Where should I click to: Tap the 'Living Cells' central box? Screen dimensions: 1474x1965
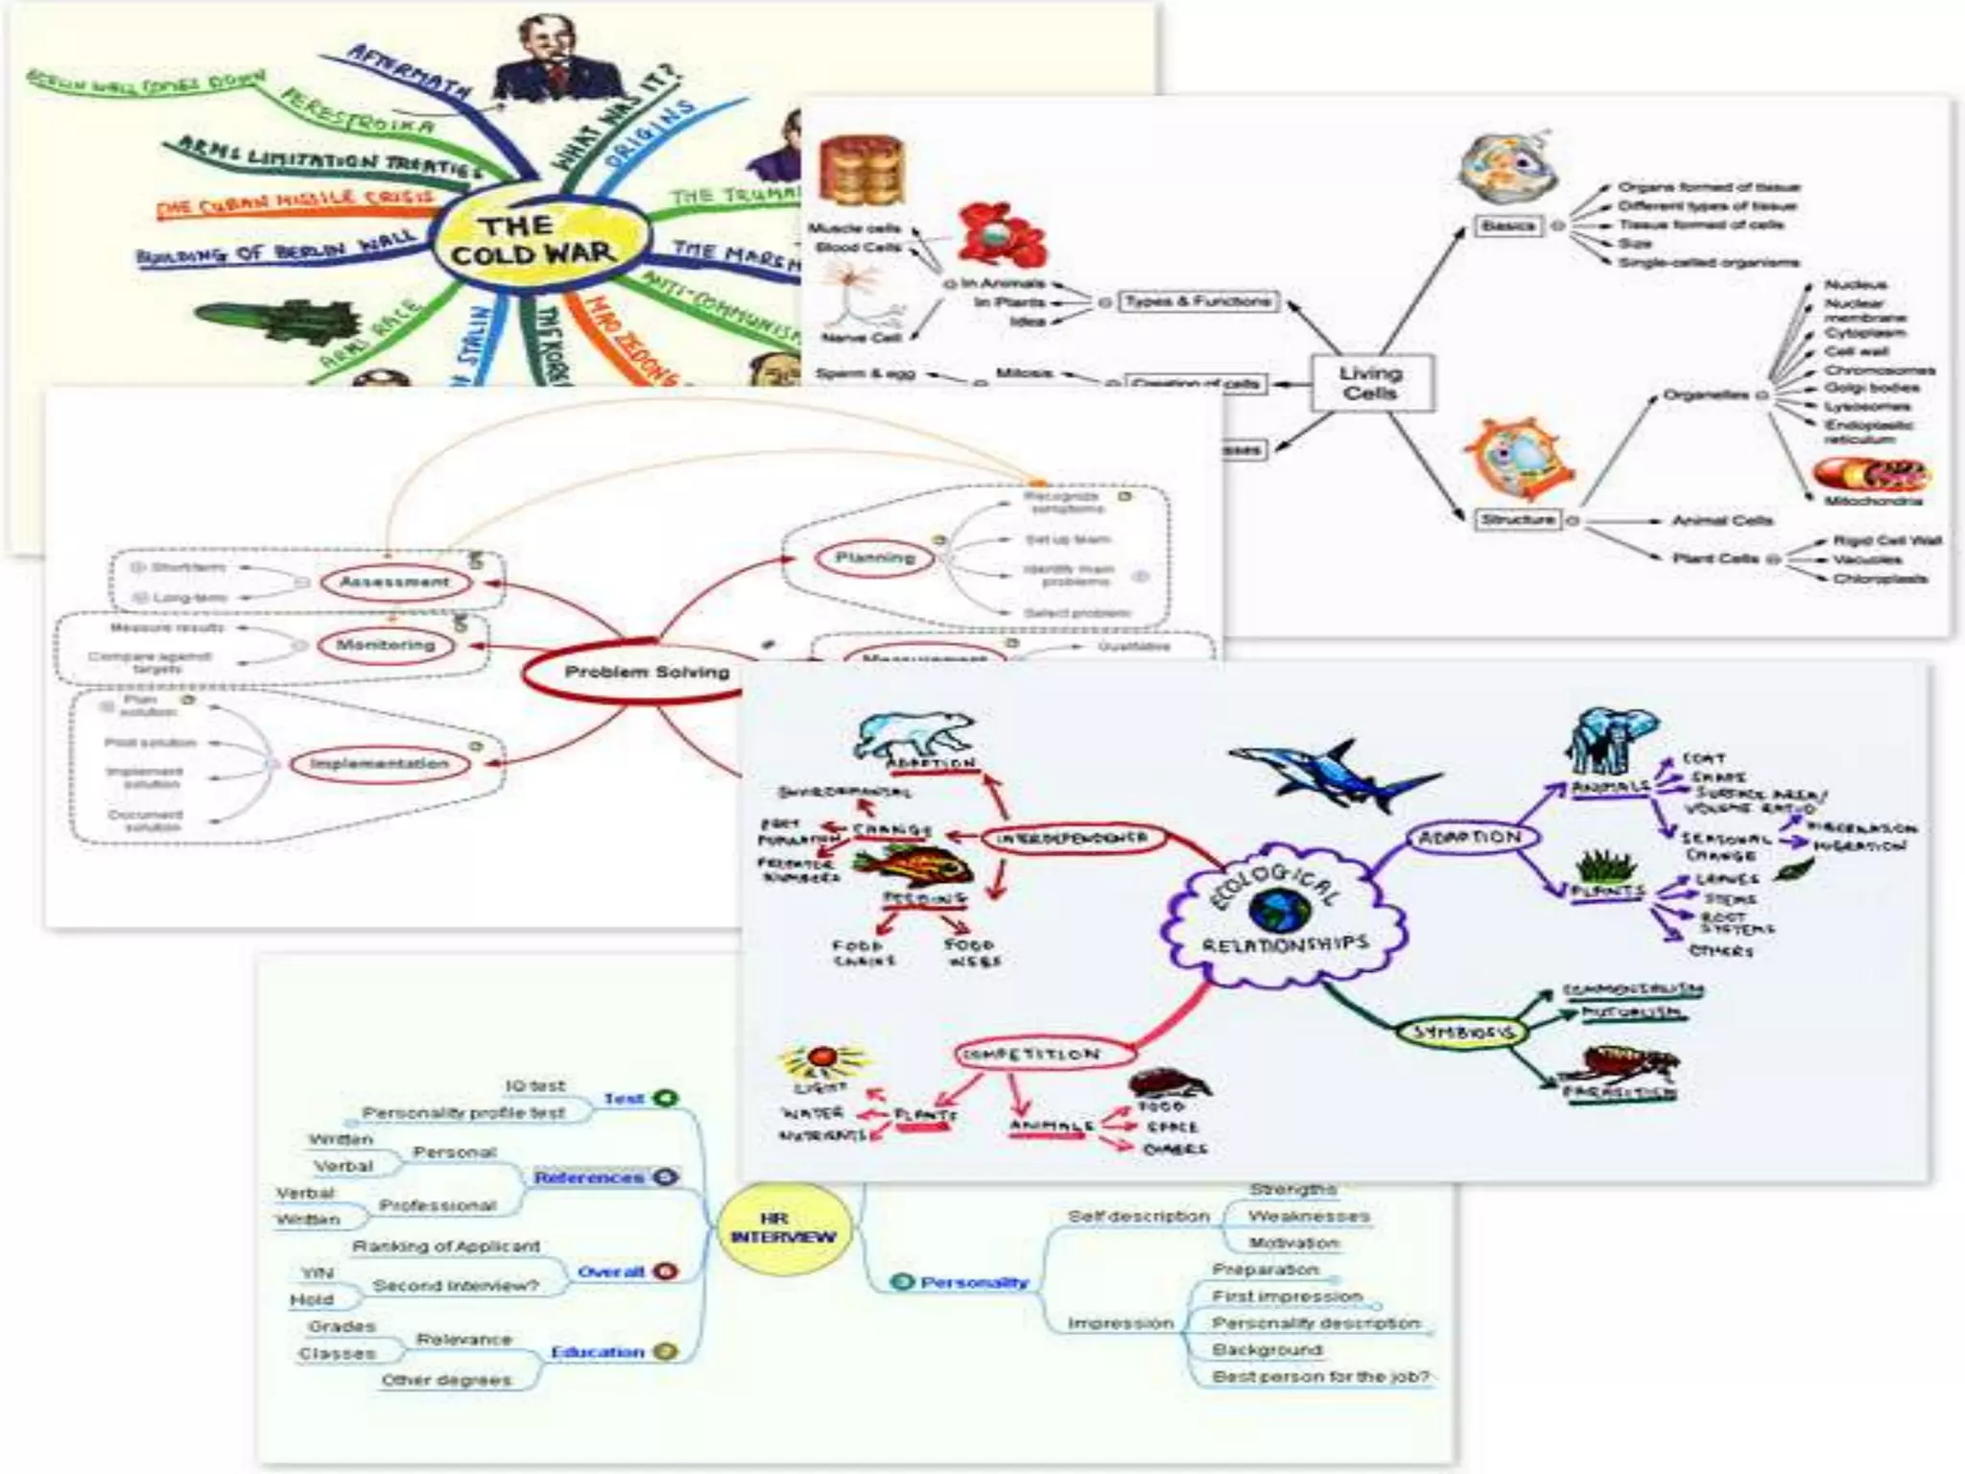pyautogui.click(x=1371, y=383)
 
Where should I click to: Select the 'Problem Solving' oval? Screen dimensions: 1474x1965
pyautogui.click(x=646, y=672)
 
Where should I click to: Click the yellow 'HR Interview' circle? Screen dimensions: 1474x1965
pyautogui.click(x=783, y=1227)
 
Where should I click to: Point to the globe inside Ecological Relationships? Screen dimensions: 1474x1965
pyautogui.click(x=1279, y=910)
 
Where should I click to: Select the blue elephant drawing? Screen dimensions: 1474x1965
pyautogui.click(x=1612, y=740)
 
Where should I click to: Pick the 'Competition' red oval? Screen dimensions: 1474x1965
pyautogui.click(x=1031, y=1055)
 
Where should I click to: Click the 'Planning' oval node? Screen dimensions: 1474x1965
pyautogui.click(x=875, y=558)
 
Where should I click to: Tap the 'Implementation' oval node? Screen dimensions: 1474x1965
pyautogui.click(x=380, y=764)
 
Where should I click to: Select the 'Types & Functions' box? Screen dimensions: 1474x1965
pyautogui.click(x=1198, y=301)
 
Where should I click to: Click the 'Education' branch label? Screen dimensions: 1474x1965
pyautogui.click(x=597, y=1352)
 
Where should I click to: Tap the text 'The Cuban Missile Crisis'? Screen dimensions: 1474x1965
pyautogui.click(x=294, y=202)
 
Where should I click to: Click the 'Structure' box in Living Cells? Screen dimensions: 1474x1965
pyautogui.click(x=1517, y=519)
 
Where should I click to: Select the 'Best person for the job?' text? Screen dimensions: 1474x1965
pyautogui.click(x=1320, y=1376)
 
